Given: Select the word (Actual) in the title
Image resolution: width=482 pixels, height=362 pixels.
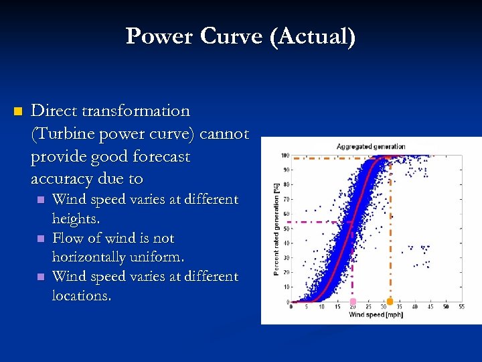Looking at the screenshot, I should tap(312, 36).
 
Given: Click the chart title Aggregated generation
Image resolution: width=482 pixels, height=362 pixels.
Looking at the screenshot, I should tap(371, 146).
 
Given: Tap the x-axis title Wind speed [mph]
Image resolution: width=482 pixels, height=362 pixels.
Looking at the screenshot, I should tap(372, 315).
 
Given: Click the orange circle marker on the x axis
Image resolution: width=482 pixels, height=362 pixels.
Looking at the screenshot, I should tap(390, 302).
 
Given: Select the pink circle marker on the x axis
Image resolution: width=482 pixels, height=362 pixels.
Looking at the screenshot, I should tap(353, 302).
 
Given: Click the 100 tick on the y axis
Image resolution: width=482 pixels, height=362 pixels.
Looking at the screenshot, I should tap(285, 156).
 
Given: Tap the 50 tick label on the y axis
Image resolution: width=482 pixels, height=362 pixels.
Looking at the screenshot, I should tap(287, 229).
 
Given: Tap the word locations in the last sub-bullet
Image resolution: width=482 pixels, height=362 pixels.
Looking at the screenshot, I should tap(82, 296).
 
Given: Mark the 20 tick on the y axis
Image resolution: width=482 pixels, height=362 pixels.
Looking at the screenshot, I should tap(287, 272).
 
